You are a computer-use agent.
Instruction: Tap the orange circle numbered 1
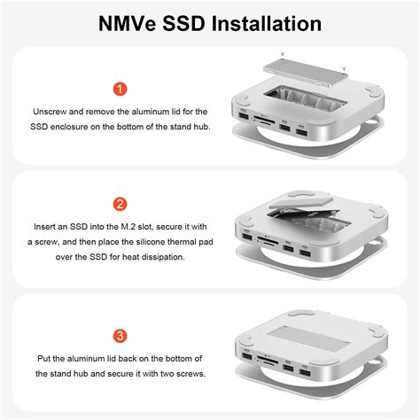click(121, 89)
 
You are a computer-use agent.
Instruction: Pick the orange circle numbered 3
click(121, 336)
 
